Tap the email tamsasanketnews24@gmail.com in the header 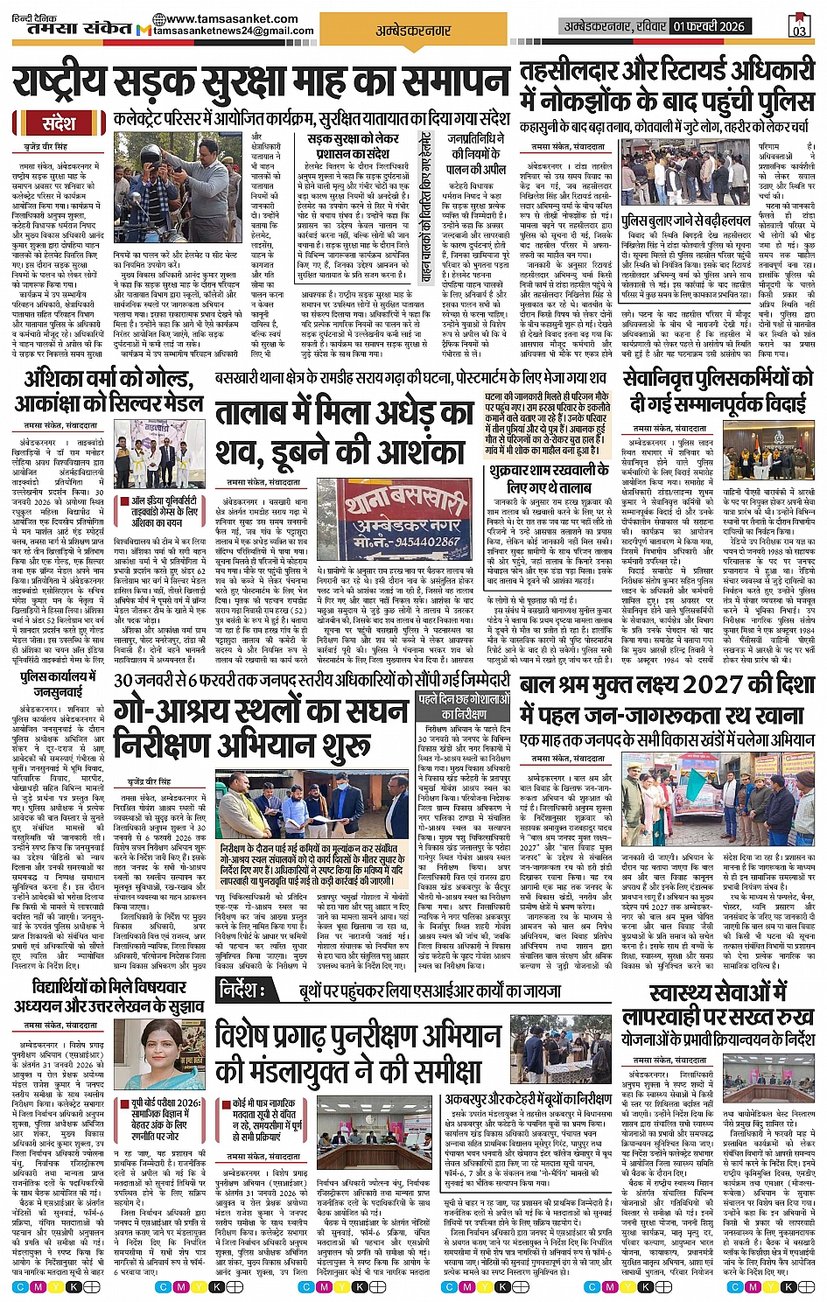(233, 31)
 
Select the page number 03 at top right (799, 27)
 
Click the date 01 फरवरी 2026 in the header (709, 26)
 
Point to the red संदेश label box (59, 123)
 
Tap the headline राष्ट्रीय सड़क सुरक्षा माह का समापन (260, 85)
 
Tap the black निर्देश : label (249, 990)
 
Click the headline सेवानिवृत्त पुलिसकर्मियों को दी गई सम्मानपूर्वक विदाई (718, 391)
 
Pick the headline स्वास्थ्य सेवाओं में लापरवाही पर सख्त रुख (718, 1004)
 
